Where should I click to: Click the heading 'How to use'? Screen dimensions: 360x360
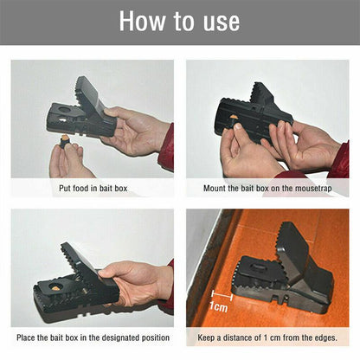pos(180,22)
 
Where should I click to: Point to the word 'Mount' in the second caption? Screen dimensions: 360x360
pos(216,186)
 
